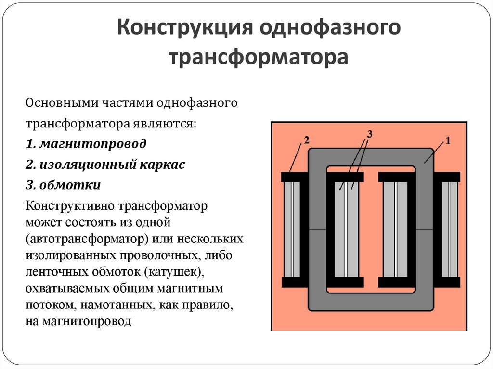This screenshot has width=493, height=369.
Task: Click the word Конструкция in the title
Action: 185,27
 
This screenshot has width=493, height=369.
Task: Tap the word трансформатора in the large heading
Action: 259,58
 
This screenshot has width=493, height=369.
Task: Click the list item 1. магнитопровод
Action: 86,144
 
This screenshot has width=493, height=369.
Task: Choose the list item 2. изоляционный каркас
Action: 105,165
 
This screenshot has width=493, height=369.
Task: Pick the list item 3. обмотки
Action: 63,185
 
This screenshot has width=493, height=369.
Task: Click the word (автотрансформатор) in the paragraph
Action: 87,239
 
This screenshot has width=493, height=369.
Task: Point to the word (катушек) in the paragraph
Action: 173,272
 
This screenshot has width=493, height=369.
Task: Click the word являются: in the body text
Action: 164,124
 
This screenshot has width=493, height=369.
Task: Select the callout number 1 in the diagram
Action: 448,141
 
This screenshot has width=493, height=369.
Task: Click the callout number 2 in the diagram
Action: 307,140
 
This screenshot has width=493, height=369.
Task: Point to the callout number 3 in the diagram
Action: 370,134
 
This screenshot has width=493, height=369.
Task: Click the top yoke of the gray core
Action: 371,157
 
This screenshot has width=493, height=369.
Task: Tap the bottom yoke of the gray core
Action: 371,302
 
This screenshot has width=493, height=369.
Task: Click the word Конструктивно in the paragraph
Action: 70,206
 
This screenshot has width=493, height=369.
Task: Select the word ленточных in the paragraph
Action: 57,272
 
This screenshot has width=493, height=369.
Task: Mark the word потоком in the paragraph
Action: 51,305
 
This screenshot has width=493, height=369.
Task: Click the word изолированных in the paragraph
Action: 70,255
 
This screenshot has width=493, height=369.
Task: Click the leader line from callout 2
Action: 296,158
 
